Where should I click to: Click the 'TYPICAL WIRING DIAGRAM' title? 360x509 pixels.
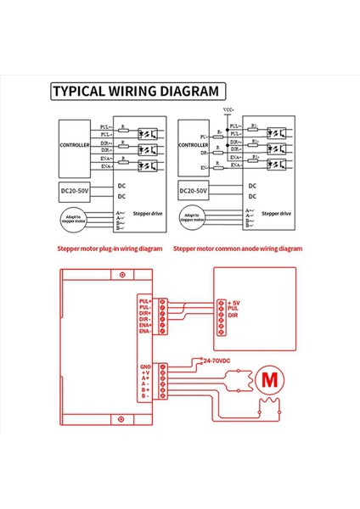[x=135, y=92]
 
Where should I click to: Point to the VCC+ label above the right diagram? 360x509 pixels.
[x=228, y=110]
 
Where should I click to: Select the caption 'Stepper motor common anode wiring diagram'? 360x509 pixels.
[x=238, y=249]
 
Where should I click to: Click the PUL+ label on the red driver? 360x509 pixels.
[x=143, y=300]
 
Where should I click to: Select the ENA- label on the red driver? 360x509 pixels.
[x=143, y=332]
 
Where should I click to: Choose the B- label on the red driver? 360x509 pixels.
[x=145, y=396]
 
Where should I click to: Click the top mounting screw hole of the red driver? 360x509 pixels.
[x=123, y=277]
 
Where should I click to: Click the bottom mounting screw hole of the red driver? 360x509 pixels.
[x=123, y=421]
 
